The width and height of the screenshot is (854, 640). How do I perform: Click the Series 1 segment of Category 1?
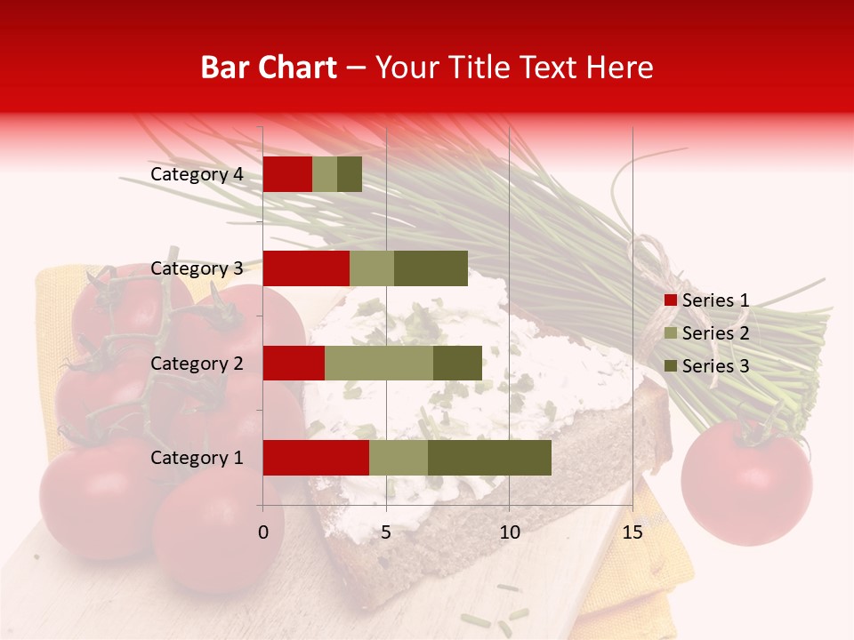pyautogui.click(x=316, y=458)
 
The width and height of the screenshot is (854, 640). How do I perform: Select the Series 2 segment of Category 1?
pyautogui.click(x=399, y=458)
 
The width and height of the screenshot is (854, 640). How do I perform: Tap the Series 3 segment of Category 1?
pyautogui.click(x=489, y=458)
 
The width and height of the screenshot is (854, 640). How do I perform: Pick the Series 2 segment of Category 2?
pyautogui.click(x=379, y=363)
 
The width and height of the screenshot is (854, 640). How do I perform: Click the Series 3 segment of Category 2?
pyautogui.click(x=457, y=363)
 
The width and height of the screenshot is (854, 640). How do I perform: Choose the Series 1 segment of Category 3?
pyautogui.click(x=306, y=268)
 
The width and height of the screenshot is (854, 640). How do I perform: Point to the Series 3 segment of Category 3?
pyautogui.click(x=431, y=268)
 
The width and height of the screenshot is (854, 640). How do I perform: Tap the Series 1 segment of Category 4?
pyautogui.click(x=287, y=174)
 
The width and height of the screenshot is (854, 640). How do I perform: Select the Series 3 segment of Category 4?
pyautogui.click(x=350, y=174)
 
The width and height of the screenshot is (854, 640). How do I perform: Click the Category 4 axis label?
pyautogui.click(x=197, y=174)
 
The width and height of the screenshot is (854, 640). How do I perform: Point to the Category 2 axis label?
pyautogui.click(x=197, y=363)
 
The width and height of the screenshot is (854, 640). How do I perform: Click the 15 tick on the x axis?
pyautogui.click(x=632, y=532)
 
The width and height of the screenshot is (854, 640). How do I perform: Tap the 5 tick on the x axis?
pyautogui.click(x=386, y=532)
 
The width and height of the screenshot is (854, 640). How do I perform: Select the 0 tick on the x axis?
pyautogui.click(x=263, y=532)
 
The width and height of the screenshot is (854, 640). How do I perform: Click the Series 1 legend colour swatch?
pyautogui.click(x=670, y=300)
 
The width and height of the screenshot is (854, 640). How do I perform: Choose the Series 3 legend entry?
pyautogui.click(x=707, y=366)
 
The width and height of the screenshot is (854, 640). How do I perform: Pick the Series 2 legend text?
pyautogui.click(x=716, y=333)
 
